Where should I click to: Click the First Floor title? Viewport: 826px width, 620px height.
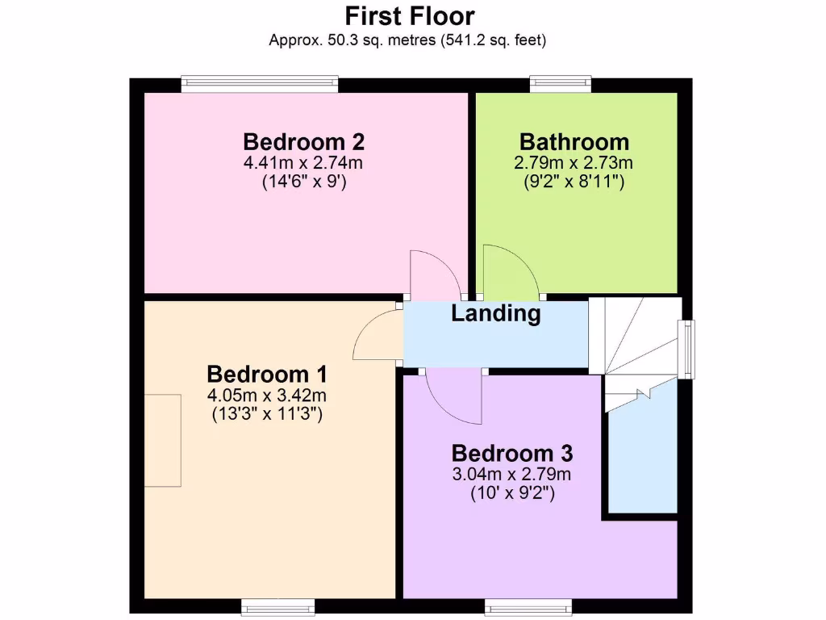(410, 16)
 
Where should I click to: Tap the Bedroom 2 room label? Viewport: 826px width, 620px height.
(303, 142)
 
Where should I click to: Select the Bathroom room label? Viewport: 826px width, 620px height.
(574, 142)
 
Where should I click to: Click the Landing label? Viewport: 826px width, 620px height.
(495, 313)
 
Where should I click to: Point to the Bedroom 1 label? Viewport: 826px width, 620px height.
(267, 375)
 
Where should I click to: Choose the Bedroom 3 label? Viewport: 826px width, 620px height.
(512, 452)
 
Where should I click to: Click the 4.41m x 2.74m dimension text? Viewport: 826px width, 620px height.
(303, 163)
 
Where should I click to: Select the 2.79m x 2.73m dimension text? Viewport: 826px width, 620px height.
(574, 163)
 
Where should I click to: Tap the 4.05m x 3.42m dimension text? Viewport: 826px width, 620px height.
(267, 396)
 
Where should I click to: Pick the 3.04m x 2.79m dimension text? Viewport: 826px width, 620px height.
(512, 473)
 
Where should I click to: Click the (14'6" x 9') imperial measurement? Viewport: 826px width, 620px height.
(303, 182)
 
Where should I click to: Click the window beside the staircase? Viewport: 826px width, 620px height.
(686, 349)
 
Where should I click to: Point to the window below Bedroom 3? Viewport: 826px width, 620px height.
(528, 605)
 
